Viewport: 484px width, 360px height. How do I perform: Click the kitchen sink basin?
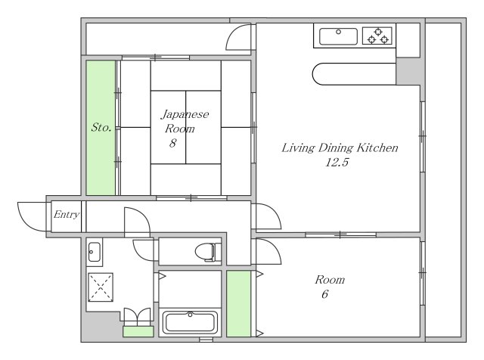[338, 36]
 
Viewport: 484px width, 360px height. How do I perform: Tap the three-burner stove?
[378, 36]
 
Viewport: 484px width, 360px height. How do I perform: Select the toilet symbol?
[208, 252]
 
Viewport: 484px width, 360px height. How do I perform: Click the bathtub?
[190, 322]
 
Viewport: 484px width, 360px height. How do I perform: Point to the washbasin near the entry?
[94, 253]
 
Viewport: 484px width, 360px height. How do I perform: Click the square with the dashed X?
[101, 287]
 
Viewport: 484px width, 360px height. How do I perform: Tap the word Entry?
[67, 214]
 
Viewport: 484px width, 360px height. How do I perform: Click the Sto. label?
[101, 127]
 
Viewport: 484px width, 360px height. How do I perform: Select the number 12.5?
[337, 162]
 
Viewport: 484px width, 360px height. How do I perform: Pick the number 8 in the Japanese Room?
[173, 143]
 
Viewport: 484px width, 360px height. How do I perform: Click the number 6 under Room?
[324, 294]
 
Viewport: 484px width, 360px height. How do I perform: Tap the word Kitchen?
[377, 147]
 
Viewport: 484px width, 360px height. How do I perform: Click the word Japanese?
[185, 115]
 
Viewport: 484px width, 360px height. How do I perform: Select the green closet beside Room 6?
[239, 304]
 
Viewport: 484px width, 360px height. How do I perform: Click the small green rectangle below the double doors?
[138, 331]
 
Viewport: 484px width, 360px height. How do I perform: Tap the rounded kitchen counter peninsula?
[354, 74]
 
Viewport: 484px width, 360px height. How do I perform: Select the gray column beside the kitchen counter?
[408, 71]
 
